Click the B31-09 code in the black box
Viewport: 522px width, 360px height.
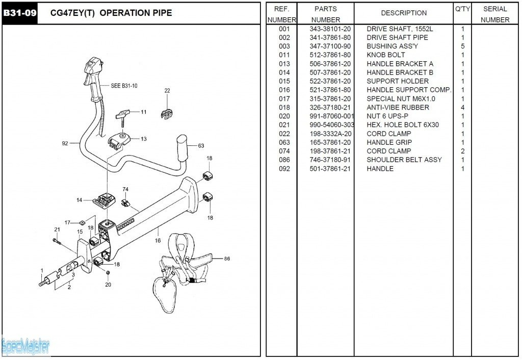(20, 13)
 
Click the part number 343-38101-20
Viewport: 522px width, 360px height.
(330, 29)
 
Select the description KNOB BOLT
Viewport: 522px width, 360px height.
(386, 55)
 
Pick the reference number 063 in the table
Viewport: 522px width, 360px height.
(284, 142)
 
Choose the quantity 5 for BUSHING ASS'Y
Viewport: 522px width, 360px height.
(462, 46)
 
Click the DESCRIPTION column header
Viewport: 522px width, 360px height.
(404, 13)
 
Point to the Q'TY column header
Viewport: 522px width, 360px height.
(462, 9)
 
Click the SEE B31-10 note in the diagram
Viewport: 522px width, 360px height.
(124, 86)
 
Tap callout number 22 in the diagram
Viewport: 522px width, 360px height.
(167, 91)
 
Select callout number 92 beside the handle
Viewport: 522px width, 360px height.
(65, 143)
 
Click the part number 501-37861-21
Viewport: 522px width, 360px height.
(330, 169)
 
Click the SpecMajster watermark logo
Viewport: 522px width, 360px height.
(25, 347)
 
